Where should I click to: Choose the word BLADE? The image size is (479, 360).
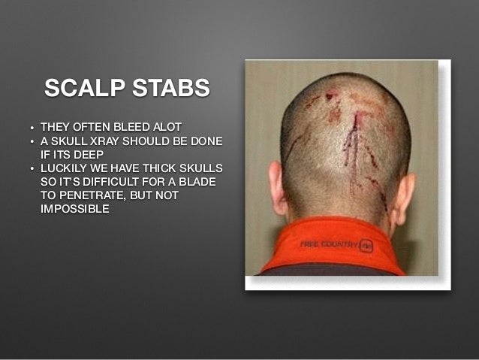click(x=203, y=181)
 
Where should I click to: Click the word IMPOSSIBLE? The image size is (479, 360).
click(x=75, y=208)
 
